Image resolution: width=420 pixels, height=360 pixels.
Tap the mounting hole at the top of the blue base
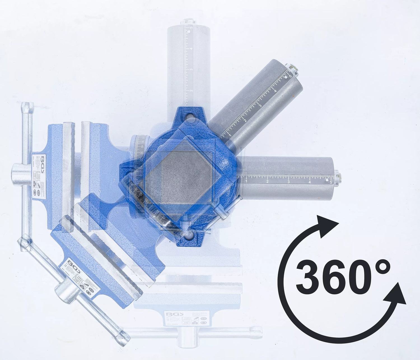pos(190,116)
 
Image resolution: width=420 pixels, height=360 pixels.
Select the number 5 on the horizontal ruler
pos(331,182)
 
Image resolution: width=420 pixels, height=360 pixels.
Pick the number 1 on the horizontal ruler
pos(246,182)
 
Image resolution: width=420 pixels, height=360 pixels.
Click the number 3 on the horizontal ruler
pos(288,182)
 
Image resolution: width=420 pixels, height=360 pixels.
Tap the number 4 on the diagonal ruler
pos(276,91)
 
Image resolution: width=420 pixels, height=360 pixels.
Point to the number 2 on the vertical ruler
pos(191,90)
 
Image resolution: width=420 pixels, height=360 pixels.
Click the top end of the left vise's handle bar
pos(28,106)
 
